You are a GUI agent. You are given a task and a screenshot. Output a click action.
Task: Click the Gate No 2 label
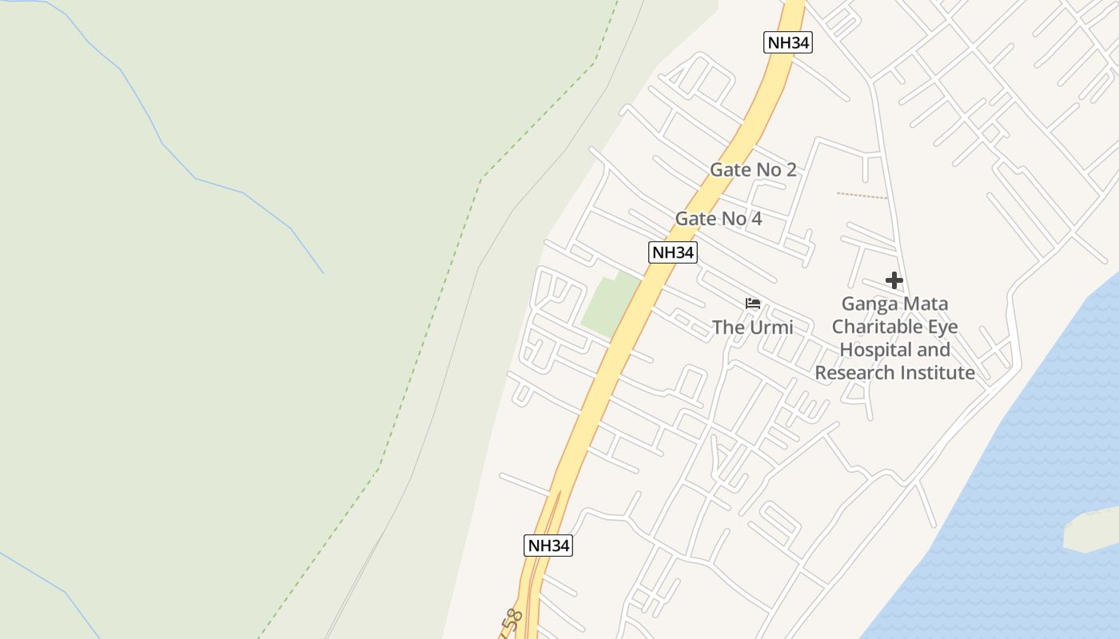753,169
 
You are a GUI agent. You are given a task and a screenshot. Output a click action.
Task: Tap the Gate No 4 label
719,219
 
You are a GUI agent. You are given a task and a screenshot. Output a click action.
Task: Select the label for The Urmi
752,327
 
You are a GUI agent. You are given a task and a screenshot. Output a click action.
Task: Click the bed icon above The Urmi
753,304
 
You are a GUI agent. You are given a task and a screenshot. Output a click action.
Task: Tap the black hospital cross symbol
894,280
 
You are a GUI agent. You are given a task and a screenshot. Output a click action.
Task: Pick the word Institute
938,373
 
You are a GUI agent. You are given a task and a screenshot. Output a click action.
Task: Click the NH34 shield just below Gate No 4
672,252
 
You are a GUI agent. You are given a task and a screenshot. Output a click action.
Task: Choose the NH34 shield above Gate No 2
788,43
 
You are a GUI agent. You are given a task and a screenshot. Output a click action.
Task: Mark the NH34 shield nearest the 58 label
548,546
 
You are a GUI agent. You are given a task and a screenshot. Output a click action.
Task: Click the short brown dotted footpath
862,196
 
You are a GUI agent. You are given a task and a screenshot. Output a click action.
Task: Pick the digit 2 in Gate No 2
790,169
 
